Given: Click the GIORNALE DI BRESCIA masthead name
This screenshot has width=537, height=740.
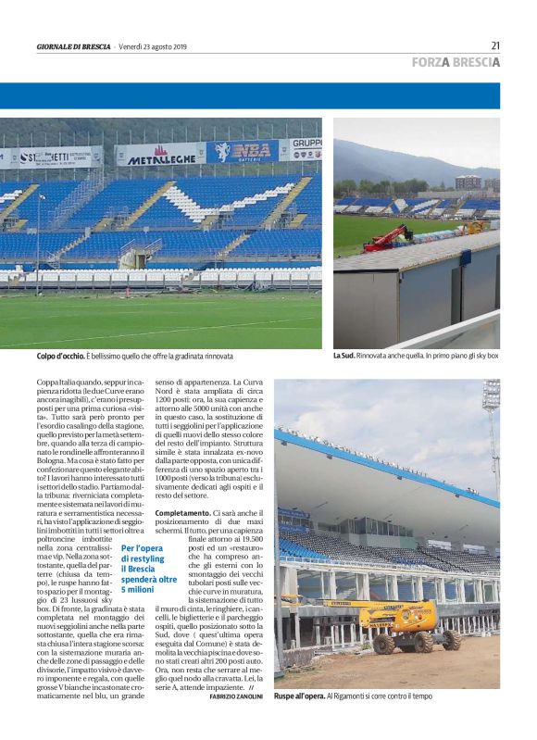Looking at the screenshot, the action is click(x=74, y=46).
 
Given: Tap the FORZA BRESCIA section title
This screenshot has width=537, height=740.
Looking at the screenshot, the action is click(x=456, y=63).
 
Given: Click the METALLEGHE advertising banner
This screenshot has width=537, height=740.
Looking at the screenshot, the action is click(x=160, y=155).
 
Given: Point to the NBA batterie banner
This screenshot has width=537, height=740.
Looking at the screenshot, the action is click(x=242, y=151).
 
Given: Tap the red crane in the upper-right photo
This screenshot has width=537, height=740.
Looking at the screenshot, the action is click(x=387, y=238).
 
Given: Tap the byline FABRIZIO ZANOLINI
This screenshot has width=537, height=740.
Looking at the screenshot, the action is click(x=236, y=696).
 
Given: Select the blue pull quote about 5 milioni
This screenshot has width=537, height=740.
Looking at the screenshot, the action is click(x=149, y=569).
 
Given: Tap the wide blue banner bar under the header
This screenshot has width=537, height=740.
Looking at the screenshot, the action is click(x=250, y=96).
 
